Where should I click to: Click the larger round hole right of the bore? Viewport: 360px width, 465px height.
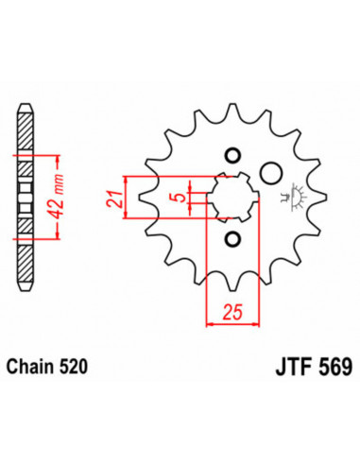[x=270, y=173]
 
